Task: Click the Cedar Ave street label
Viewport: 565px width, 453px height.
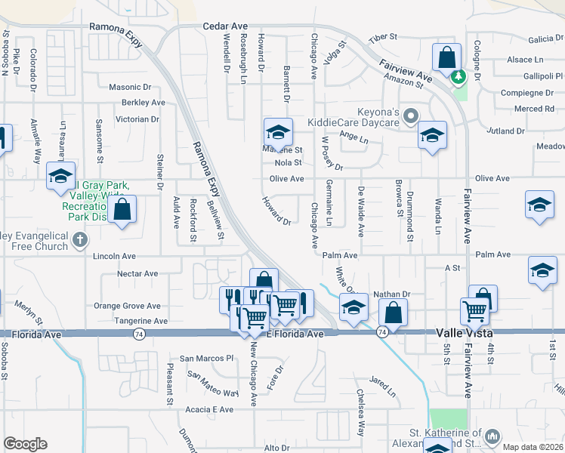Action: (x=225, y=26)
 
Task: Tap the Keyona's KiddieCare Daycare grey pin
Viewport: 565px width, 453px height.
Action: (x=410, y=116)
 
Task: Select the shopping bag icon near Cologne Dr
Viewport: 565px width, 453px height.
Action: (x=446, y=57)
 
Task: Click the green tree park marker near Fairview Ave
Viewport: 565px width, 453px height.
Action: (x=458, y=76)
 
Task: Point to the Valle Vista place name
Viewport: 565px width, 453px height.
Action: (x=463, y=333)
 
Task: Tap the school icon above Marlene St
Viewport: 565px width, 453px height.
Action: (x=278, y=133)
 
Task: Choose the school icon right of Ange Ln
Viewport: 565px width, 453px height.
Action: (x=431, y=136)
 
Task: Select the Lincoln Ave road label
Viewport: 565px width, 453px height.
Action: (x=113, y=257)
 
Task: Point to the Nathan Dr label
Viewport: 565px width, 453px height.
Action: (x=391, y=294)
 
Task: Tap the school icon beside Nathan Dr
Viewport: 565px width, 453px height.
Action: (x=354, y=307)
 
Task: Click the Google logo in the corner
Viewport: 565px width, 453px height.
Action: (x=25, y=444)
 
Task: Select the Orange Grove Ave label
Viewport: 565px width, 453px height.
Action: (x=127, y=306)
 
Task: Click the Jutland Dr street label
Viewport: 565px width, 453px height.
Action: (x=505, y=131)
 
